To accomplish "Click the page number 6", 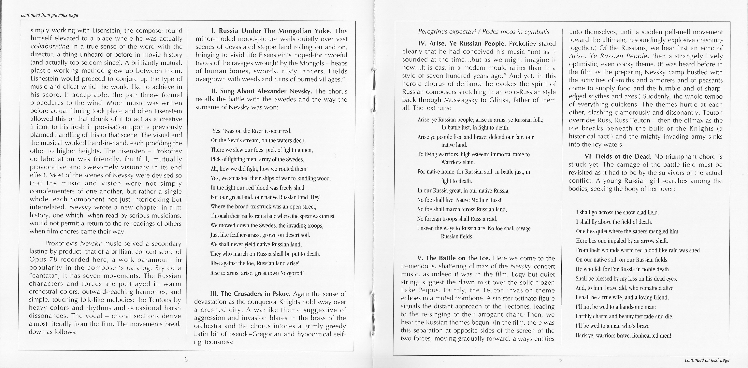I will click(186, 359).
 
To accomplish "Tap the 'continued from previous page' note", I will click(49, 15).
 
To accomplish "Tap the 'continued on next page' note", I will click(707, 360).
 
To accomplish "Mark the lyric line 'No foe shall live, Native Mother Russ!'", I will click(459, 200).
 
